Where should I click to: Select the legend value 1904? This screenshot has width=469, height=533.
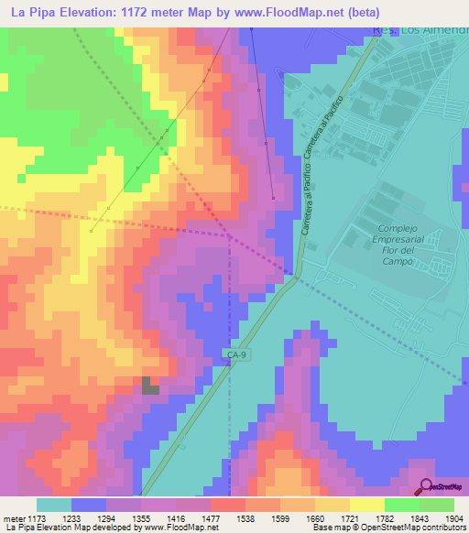(455, 519)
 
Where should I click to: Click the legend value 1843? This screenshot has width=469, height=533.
(422, 519)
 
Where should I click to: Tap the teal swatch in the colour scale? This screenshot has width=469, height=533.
(53, 505)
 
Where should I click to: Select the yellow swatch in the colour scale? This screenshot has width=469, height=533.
(366, 505)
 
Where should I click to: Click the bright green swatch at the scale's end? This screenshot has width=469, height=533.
(437, 505)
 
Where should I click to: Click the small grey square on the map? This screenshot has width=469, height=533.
(150, 386)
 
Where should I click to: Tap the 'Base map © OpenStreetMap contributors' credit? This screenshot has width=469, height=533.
(387, 528)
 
